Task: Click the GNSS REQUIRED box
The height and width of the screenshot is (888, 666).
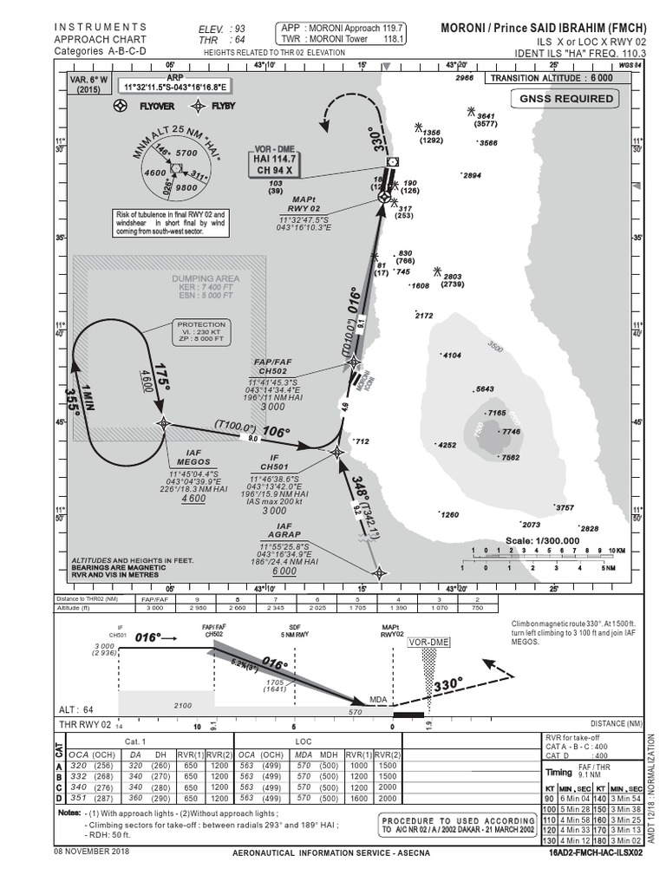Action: pyautogui.click(x=566, y=99)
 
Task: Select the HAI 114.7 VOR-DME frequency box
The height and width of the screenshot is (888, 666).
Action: pyautogui.click(x=275, y=164)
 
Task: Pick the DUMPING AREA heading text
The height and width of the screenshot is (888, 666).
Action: pyautogui.click(x=205, y=277)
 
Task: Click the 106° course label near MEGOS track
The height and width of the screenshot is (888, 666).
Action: pyautogui.click(x=277, y=431)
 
